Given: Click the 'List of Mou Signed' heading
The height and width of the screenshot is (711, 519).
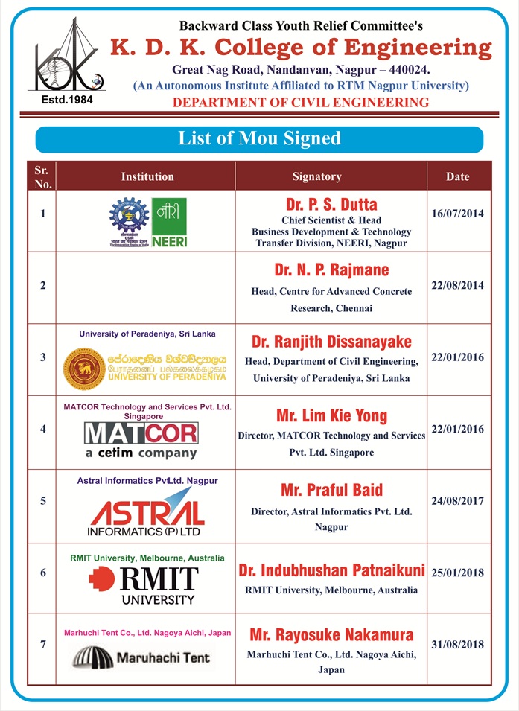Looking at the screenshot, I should coord(259,139).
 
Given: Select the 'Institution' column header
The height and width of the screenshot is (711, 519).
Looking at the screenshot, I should coord(147,176).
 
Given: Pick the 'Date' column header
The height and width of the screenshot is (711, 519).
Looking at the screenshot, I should coord(458,176).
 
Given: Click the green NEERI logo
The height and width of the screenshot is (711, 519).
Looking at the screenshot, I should coord(170,222).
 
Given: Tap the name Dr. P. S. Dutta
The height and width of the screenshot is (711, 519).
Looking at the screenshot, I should coord(331,204).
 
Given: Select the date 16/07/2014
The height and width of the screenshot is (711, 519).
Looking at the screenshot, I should coord(458,214).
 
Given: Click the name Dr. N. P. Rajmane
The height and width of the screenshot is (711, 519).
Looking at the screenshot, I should coord(331,270).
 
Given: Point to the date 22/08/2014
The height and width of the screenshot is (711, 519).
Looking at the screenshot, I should coord(458,285).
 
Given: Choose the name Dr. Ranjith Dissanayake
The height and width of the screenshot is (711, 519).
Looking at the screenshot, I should coord(331,342).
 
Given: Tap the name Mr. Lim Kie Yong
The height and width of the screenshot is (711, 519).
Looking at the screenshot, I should coord(331,415).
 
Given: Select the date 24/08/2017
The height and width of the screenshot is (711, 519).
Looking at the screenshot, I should coord(458,501).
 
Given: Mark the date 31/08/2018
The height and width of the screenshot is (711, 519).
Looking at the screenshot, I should coord(458,645).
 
